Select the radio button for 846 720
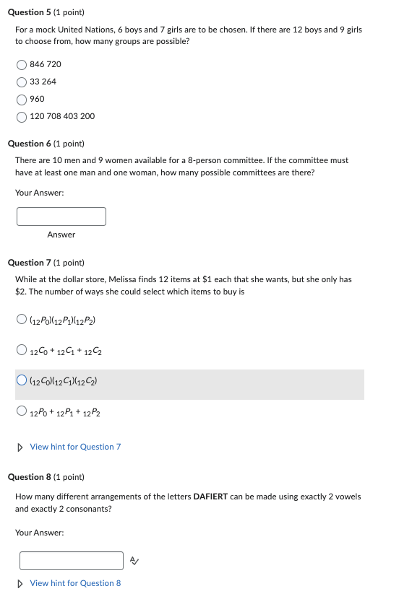22,64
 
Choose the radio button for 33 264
22,82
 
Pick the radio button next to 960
22,99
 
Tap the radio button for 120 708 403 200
22,116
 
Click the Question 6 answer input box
61,217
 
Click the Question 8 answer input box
72,561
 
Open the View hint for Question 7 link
75,447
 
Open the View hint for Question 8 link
75,583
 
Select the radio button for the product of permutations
22,320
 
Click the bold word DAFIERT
210,497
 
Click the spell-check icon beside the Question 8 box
134,561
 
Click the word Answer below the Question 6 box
61,235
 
